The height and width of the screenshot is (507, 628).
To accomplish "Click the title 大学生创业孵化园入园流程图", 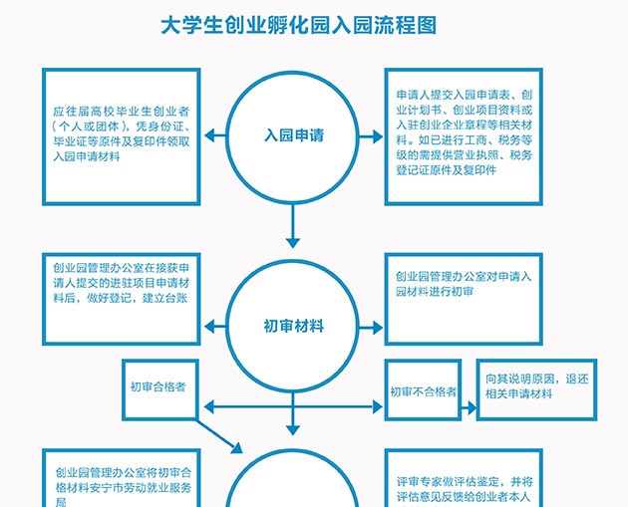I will click(299, 25).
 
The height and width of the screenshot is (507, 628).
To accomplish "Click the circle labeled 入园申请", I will click(293, 133).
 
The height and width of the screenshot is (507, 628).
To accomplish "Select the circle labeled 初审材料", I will click(293, 326).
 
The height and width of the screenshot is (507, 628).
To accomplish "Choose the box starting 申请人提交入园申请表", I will click(463, 133).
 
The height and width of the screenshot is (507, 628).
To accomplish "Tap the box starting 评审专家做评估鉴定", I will click(463, 482).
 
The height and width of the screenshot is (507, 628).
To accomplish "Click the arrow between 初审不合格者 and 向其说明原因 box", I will click(468, 391).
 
